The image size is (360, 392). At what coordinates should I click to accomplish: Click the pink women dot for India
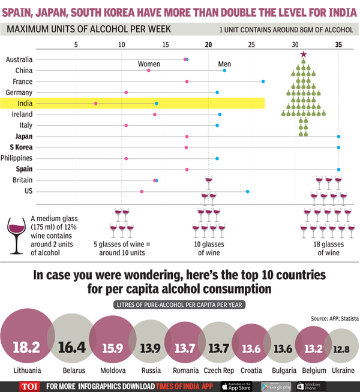[x=96, y=104]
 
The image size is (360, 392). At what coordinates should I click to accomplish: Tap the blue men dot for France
[x=263, y=82]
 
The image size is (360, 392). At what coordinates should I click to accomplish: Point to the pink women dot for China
[x=149, y=71]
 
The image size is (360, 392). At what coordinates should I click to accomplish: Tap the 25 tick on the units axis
[x=250, y=44]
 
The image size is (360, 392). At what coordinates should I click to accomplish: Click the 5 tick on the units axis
[x=76, y=44]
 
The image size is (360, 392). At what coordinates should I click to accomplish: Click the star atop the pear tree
[x=304, y=55]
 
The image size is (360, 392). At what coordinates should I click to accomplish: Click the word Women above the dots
[x=149, y=63]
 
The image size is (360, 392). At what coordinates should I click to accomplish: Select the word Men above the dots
[x=224, y=63]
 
